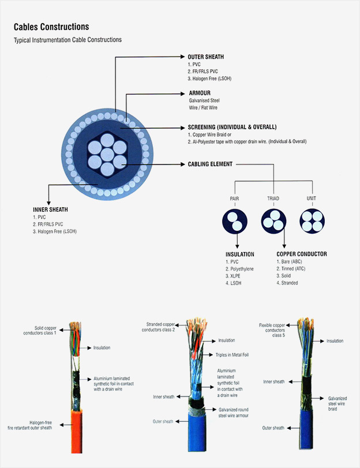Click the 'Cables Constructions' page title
click(x=51, y=27)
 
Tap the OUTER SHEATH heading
click(x=205, y=57)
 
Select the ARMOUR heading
click(x=200, y=92)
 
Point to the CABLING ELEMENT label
click(x=210, y=164)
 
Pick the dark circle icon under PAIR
click(x=234, y=219)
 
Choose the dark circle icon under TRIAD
click(x=273, y=219)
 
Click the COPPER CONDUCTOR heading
click(x=302, y=254)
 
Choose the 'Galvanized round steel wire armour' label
click(x=237, y=413)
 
